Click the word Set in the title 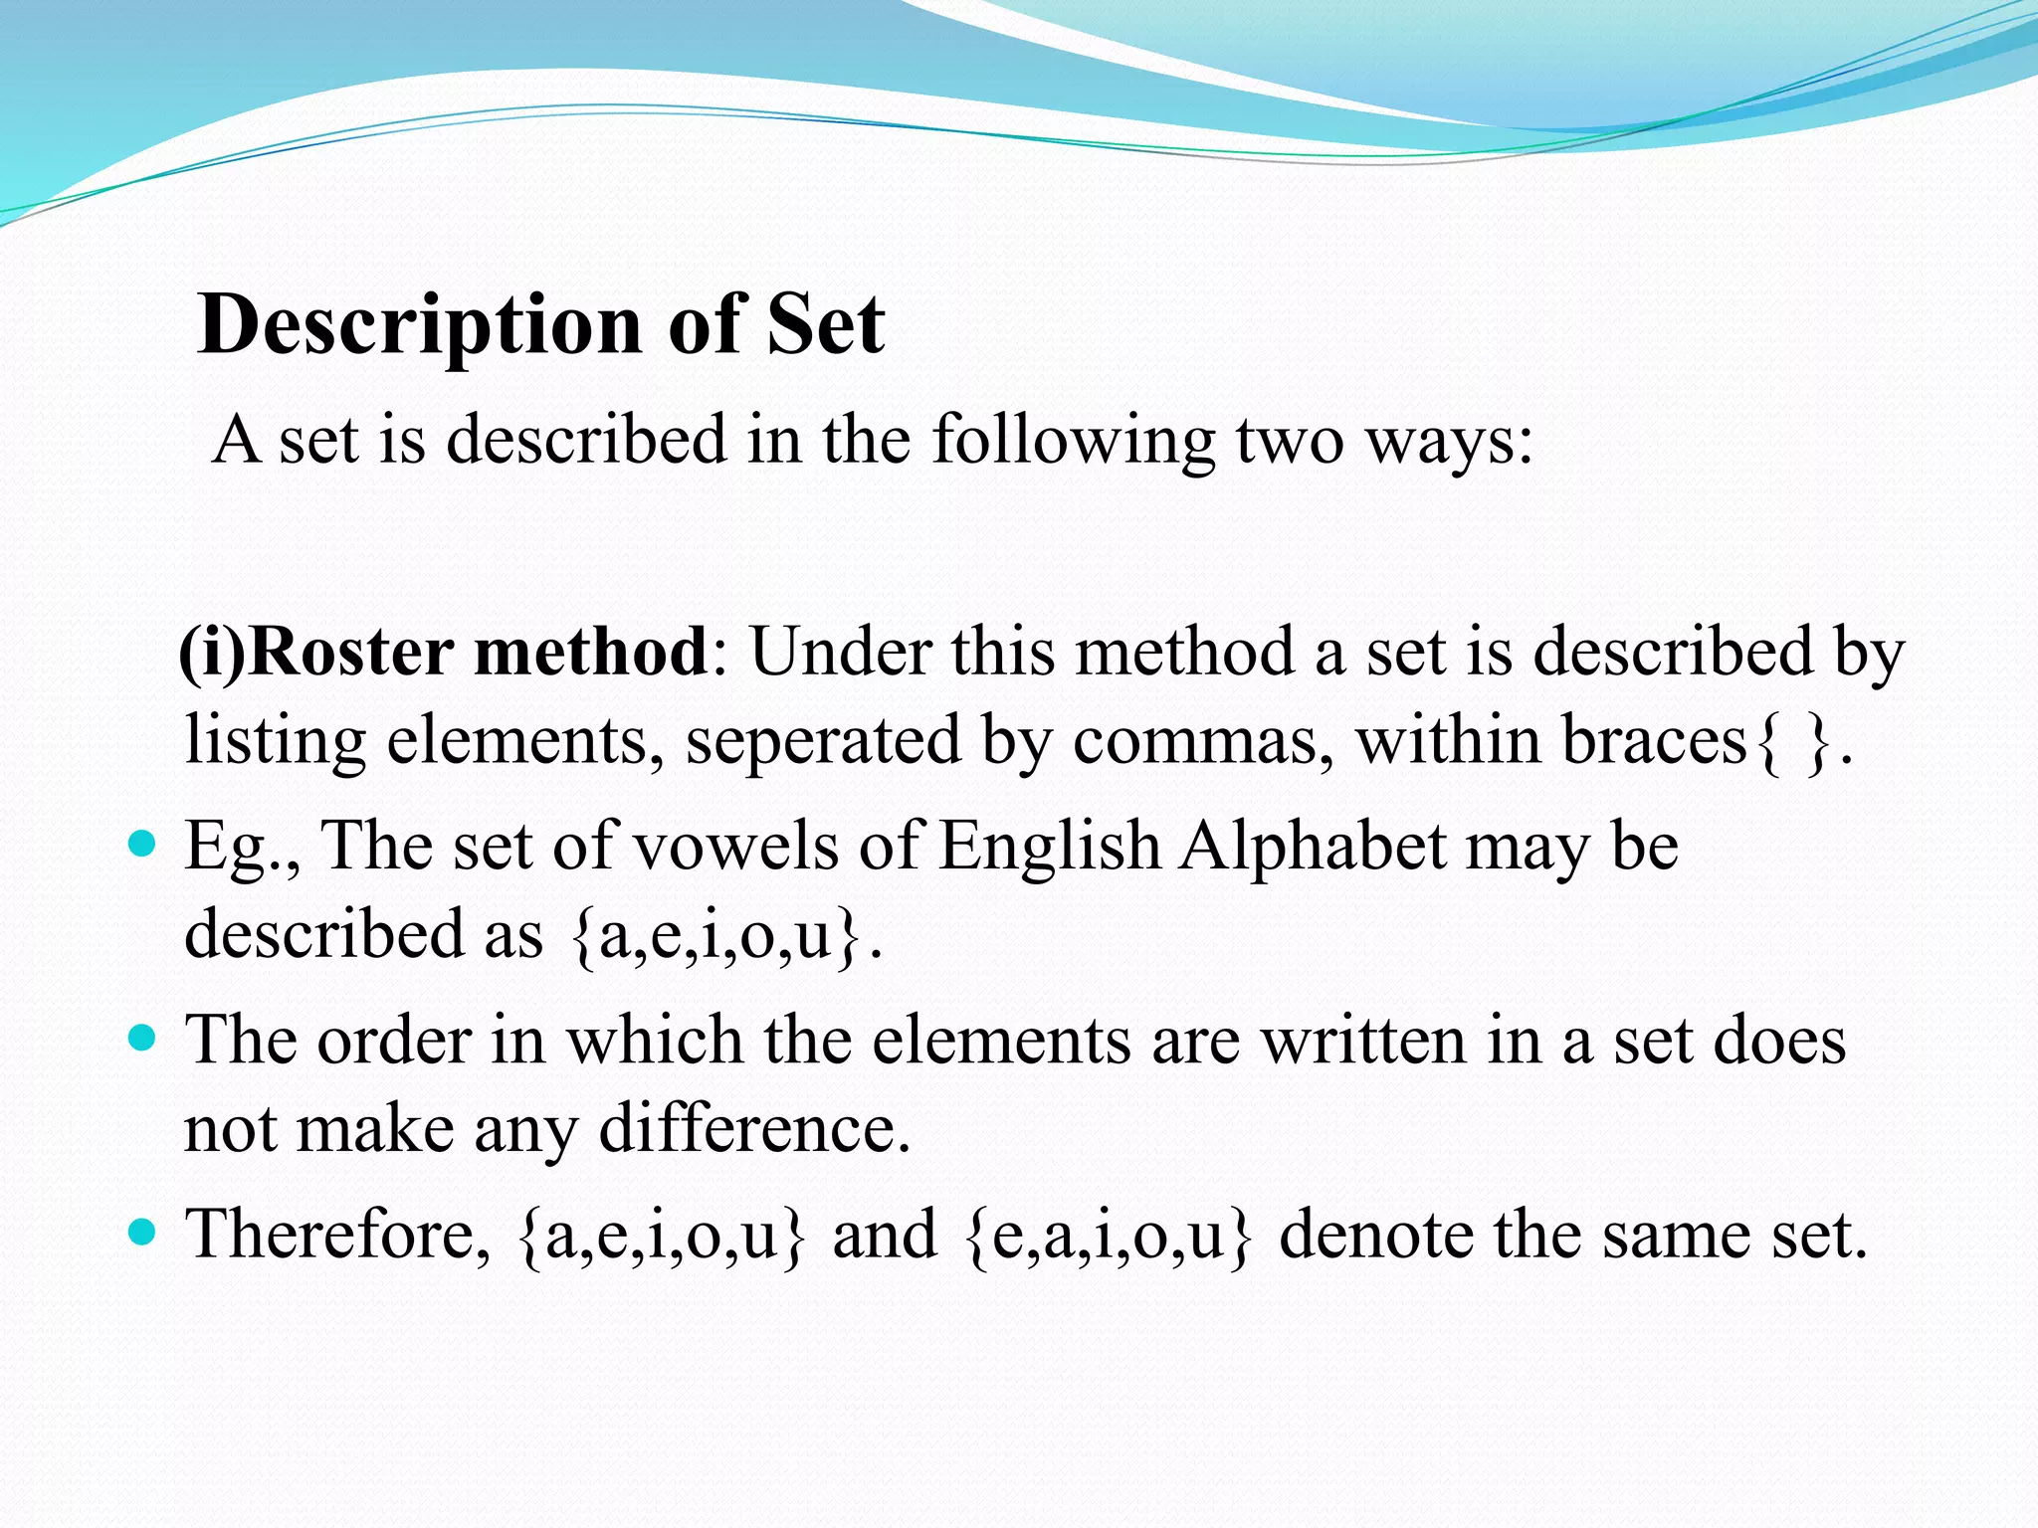825,325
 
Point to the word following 1073,441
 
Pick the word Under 839,653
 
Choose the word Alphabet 1313,847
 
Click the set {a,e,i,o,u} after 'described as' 715,936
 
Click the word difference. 755,1129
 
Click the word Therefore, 338,1235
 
